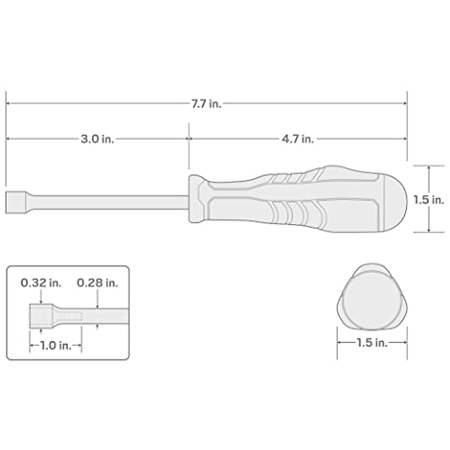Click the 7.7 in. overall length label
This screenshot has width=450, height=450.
[206, 104]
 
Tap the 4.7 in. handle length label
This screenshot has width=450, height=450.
[298, 139]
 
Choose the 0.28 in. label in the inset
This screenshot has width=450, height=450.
[97, 283]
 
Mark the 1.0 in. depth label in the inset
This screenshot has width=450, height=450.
[55, 345]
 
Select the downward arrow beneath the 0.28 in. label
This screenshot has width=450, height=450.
[97, 305]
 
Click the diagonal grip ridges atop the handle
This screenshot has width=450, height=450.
[296, 178]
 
